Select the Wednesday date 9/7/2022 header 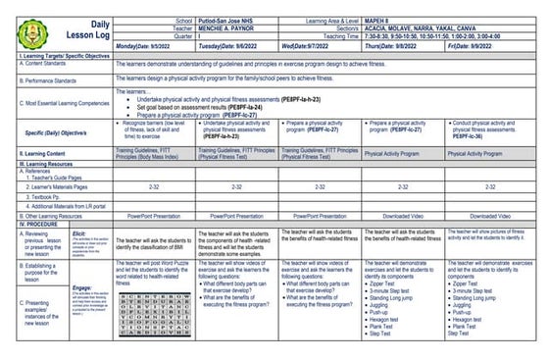pos(313,46)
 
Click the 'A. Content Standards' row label pos(36,64)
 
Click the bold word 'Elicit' pos(82,233)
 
